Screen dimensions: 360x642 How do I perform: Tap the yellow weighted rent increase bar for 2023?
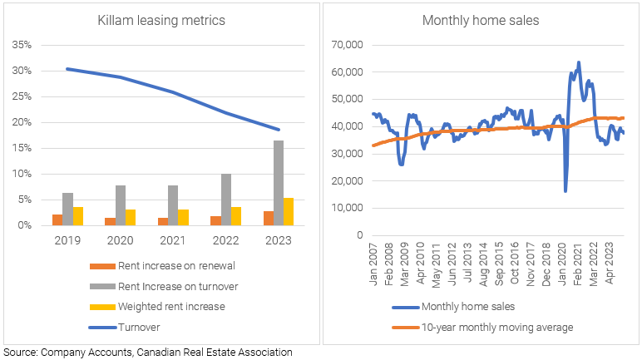point(288,211)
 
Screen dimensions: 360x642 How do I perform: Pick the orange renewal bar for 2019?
point(57,219)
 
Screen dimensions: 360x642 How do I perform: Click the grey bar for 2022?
point(226,200)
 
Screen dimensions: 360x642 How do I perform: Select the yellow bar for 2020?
point(131,217)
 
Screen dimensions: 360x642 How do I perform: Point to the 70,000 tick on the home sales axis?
point(348,45)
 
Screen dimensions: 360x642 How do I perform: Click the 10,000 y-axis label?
point(348,208)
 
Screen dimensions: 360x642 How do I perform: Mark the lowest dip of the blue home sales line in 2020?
point(565,191)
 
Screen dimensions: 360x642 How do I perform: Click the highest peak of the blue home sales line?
point(579,62)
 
